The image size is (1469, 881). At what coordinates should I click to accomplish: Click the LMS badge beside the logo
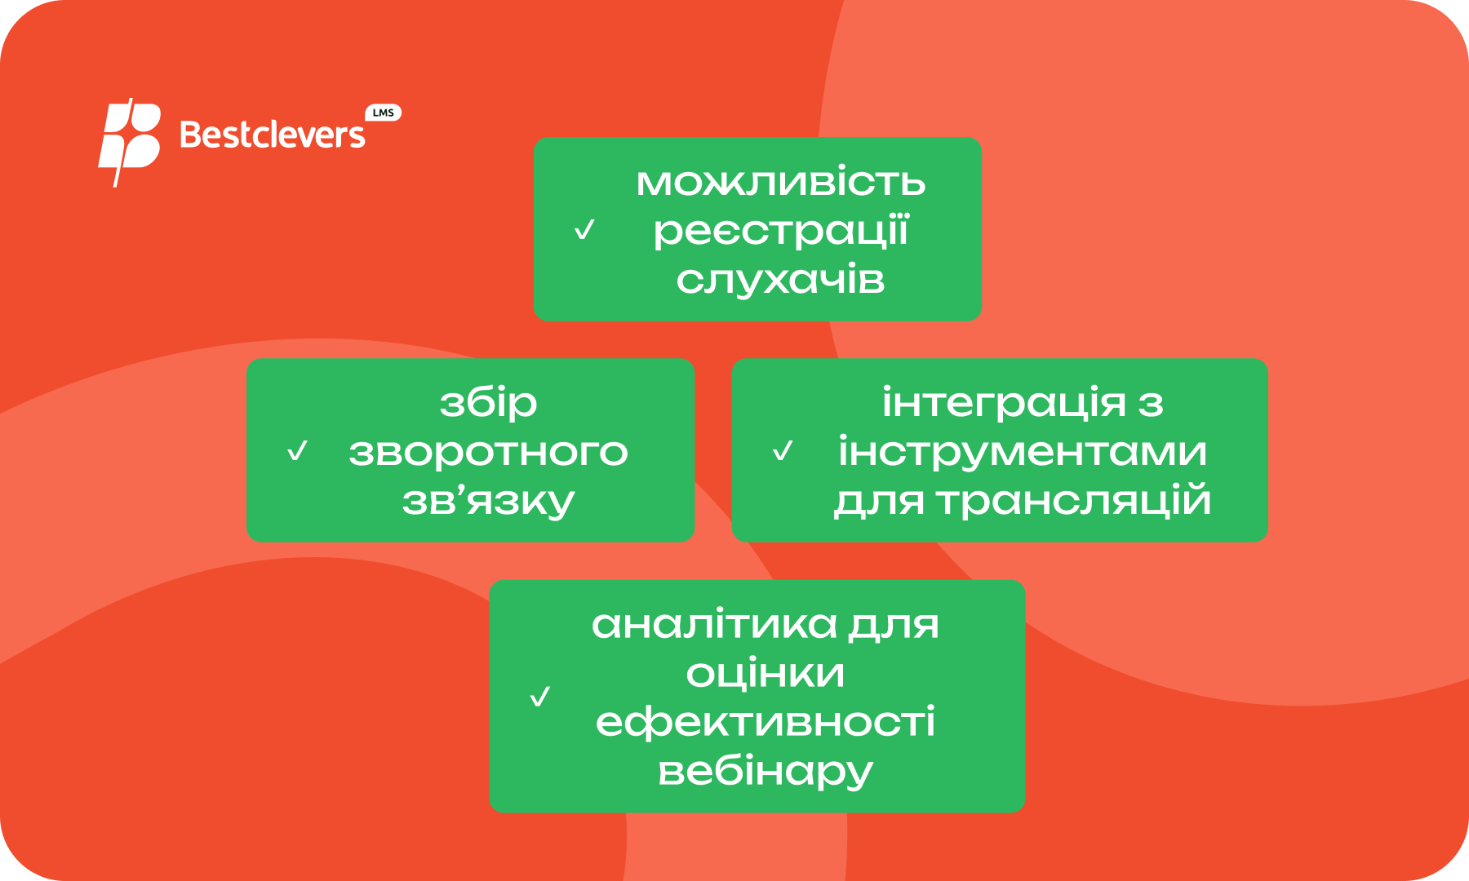click(x=383, y=113)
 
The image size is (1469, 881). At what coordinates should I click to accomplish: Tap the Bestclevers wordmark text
click(x=273, y=135)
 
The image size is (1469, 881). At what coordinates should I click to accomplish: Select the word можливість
click(x=781, y=182)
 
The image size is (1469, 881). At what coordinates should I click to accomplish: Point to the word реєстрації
click(x=781, y=231)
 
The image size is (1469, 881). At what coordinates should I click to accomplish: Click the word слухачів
click(x=781, y=280)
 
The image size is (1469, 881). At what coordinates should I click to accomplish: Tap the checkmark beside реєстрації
click(x=584, y=230)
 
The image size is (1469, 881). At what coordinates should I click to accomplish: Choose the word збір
click(x=489, y=403)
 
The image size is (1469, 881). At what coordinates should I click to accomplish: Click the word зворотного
click(x=489, y=452)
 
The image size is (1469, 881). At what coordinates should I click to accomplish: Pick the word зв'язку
click(x=489, y=501)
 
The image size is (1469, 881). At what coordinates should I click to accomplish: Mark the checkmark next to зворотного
click(x=298, y=451)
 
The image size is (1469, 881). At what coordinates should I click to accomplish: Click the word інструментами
click(x=1023, y=452)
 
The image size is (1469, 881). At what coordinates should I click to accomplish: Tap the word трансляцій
click(x=1073, y=500)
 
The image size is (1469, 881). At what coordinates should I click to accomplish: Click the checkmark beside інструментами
click(x=783, y=451)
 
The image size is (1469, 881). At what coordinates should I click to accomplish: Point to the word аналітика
click(x=714, y=625)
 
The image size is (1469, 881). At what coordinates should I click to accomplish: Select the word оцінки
click(x=766, y=674)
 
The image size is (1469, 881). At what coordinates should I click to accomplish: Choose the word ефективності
click(x=766, y=723)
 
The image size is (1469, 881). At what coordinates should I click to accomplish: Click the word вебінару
click(x=766, y=772)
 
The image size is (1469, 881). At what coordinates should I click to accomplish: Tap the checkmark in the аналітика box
click(x=540, y=697)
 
